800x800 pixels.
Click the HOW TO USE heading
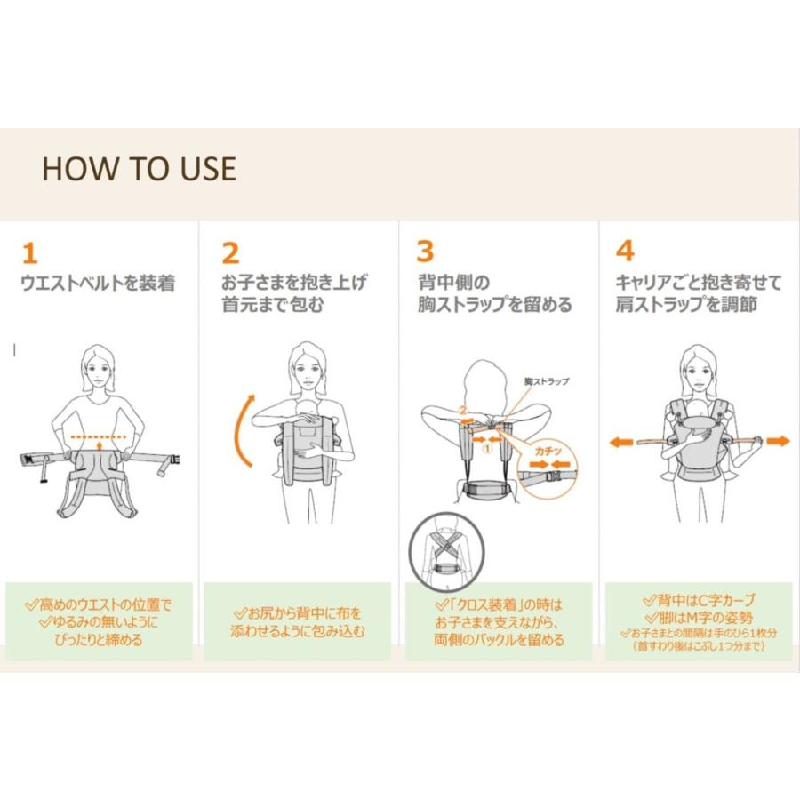[x=139, y=169]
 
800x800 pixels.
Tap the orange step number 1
[x=30, y=253]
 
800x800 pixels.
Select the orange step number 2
[x=230, y=253]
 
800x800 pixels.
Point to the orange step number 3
[x=425, y=252]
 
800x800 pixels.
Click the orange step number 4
[x=625, y=251]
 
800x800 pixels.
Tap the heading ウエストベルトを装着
[x=98, y=283]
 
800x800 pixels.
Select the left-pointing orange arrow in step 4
[x=621, y=442]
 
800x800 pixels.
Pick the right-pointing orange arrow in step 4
[x=778, y=440]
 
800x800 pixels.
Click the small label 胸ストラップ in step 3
[x=547, y=381]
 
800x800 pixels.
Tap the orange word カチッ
[x=548, y=451]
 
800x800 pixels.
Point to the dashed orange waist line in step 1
[x=98, y=437]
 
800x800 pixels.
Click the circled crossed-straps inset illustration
[x=447, y=551]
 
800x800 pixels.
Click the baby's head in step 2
[x=309, y=408]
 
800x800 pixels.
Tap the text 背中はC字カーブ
[x=699, y=600]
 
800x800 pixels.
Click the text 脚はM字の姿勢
[x=699, y=618]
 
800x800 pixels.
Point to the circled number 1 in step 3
[x=487, y=449]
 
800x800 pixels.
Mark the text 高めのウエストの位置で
[x=99, y=605]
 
